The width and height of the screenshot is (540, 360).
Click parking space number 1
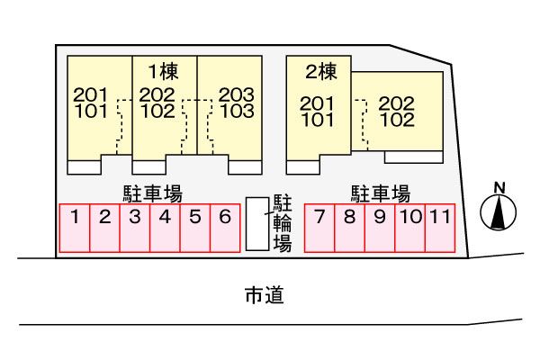click(76, 228)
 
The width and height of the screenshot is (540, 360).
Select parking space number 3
click(135, 228)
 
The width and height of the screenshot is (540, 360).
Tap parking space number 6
click(225, 228)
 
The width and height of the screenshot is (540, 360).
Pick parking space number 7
click(320, 228)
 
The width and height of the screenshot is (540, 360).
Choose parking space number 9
click(380, 228)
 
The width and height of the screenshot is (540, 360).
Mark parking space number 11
click(438, 228)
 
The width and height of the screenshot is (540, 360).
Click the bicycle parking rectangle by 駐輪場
click(257, 223)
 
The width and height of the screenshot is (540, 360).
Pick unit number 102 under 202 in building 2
click(397, 119)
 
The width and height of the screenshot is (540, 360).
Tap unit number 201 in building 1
click(91, 94)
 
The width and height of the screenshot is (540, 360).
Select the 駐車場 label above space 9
click(381, 192)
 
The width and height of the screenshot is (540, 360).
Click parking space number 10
click(410, 228)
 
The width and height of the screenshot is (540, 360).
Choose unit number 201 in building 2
click(318, 103)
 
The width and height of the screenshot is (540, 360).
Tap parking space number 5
click(194, 228)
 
